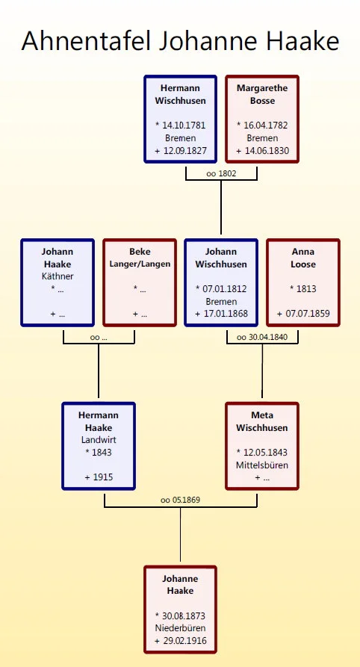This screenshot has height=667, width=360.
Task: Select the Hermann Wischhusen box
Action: [x=181, y=119]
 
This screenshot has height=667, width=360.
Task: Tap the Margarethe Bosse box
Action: [x=262, y=119]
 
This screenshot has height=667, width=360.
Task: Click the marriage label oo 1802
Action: [x=221, y=173]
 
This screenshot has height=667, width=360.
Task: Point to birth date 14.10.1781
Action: [x=184, y=125]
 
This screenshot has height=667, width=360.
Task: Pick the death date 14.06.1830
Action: [x=267, y=151]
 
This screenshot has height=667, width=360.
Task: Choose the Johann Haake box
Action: [x=58, y=282]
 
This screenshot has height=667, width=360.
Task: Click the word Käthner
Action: [x=58, y=276]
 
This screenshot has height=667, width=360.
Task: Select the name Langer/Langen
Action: [x=140, y=264]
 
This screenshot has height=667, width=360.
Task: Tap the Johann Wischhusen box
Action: [x=221, y=282]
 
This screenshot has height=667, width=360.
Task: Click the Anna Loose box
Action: [x=303, y=282]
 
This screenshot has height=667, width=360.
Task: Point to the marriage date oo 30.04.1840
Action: [x=262, y=338]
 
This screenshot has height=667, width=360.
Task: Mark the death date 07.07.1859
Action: [x=308, y=314]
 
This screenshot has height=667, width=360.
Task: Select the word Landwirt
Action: [x=99, y=440]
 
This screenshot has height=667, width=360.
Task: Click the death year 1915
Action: [x=102, y=477]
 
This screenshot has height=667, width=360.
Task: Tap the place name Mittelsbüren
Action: [x=262, y=465]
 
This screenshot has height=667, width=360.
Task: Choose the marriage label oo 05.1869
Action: [x=181, y=500]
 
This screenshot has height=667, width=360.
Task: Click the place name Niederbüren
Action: [x=181, y=628]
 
